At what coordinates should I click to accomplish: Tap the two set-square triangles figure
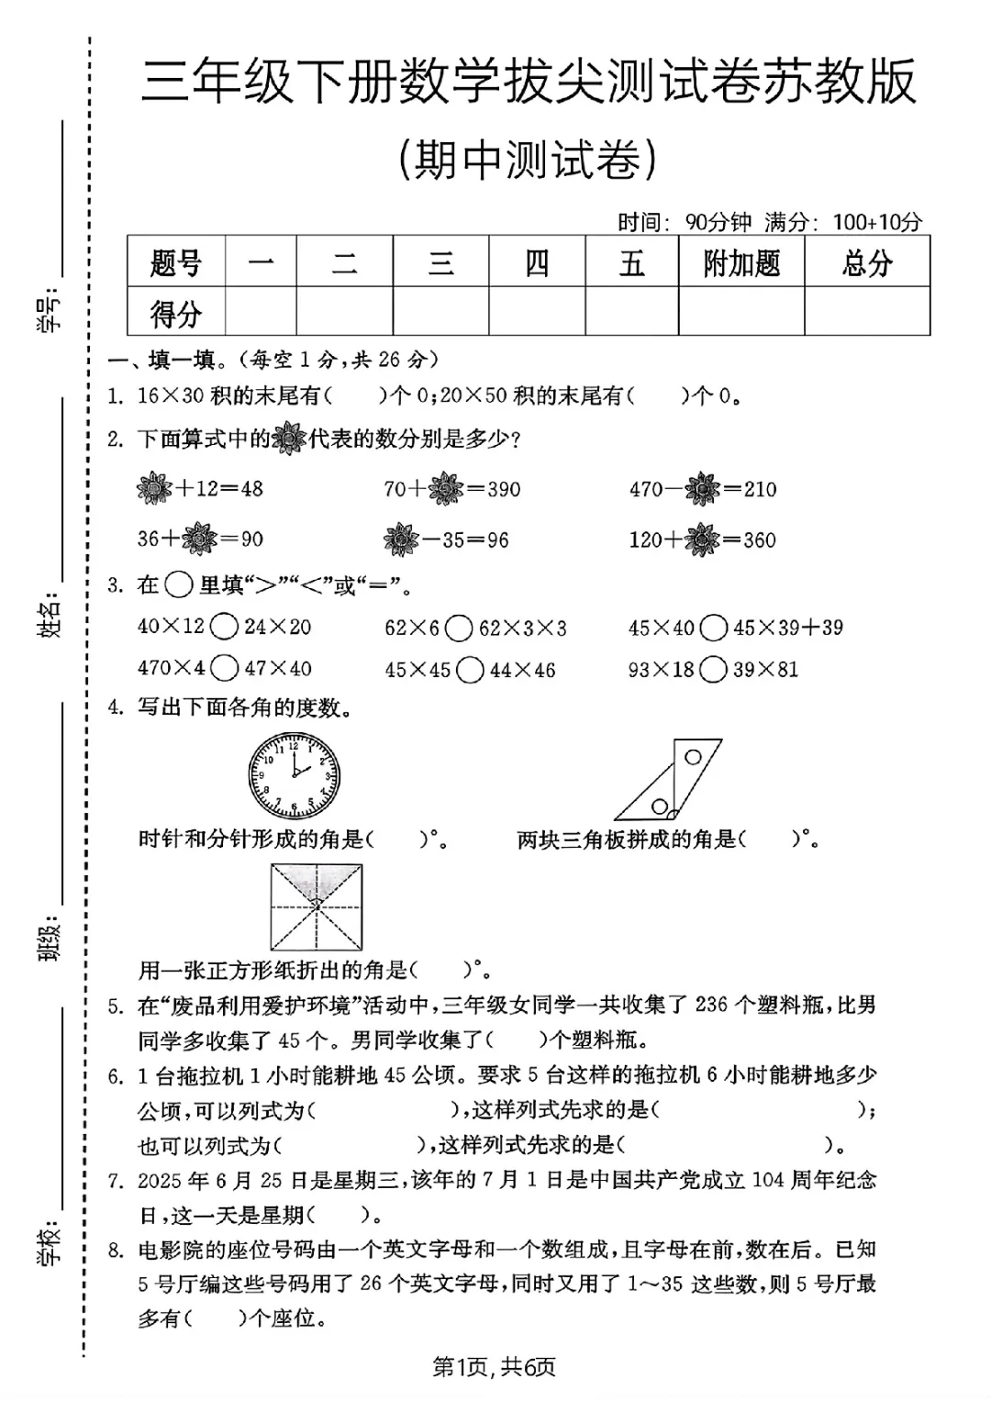click(x=667, y=780)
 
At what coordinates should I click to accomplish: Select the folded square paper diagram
click(x=316, y=906)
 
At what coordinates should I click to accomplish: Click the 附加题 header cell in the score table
click(x=741, y=263)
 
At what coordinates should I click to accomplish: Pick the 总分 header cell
click(x=867, y=263)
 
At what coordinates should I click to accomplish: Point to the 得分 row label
click(x=175, y=313)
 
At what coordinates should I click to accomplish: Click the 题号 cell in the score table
click(x=175, y=263)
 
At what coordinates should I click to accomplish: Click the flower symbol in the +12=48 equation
click(x=154, y=488)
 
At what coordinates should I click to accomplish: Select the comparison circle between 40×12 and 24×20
click(x=225, y=628)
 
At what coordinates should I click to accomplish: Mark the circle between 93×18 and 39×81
click(x=713, y=670)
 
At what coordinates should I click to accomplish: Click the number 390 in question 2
click(x=504, y=489)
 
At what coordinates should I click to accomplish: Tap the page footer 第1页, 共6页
click(x=495, y=1367)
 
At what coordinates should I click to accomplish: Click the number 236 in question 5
click(x=712, y=1005)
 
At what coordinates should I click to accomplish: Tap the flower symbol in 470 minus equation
click(x=703, y=489)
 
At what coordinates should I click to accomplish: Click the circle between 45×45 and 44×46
click(x=470, y=670)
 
